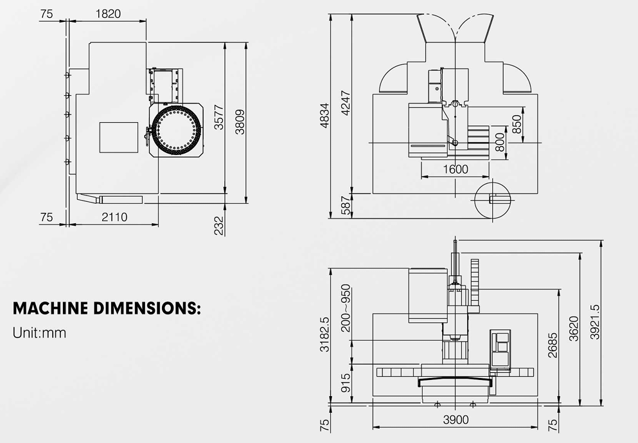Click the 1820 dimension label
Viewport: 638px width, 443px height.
click(108, 14)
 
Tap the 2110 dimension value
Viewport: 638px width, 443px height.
click(114, 217)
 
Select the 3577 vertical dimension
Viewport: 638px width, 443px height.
click(219, 117)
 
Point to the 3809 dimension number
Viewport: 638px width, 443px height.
click(240, 122)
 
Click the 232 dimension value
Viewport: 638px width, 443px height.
click(219, 226)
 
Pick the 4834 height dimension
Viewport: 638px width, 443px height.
click(324, 116)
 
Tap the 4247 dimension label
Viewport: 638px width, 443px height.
click(346, 103)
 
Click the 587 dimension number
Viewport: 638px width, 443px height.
click(346, 206)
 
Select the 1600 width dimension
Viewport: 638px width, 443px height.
click(456, 169)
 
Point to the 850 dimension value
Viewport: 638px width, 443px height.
click(517, 124)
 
